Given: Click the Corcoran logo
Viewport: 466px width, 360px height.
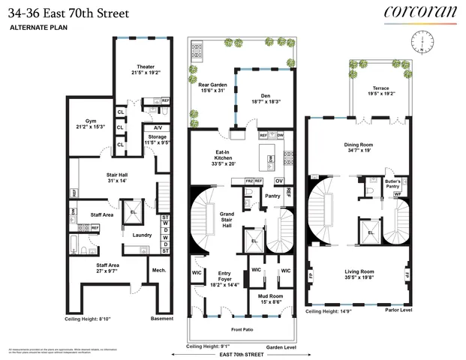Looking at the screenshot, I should [419, 12].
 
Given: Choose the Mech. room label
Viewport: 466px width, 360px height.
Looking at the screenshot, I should [159, 271].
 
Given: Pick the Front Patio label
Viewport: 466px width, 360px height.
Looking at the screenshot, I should [242, 328].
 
